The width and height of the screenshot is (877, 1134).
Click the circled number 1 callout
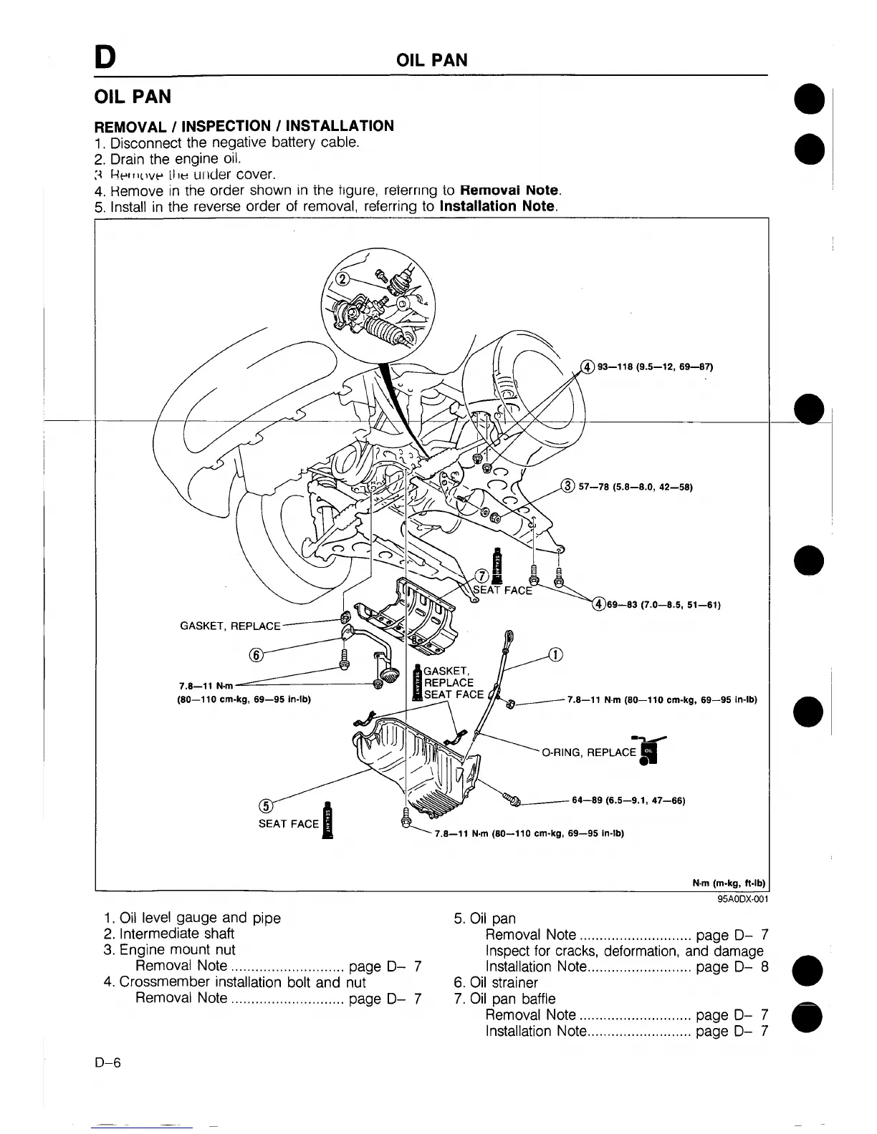pos(555,654)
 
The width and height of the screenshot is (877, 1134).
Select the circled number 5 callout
pos(264,805)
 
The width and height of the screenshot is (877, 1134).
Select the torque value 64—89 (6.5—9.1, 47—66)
pos(628,800)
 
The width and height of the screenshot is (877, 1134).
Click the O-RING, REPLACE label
pos(589,752)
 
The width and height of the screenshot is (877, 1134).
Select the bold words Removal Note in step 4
pos(509,190)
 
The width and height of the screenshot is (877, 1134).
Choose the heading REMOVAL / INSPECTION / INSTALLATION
pos(244,126)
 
